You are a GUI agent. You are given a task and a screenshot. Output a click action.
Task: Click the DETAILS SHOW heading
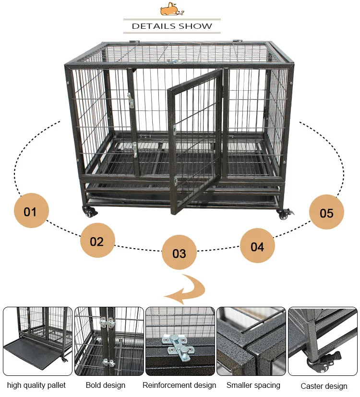(172, 26)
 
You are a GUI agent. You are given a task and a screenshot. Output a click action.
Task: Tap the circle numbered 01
(31, 210)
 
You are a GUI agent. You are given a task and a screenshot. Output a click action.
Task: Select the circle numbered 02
(97, 241)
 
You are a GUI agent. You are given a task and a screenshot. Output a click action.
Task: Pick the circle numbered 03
(179, 252)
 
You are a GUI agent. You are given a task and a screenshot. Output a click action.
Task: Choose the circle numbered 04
(257, 246)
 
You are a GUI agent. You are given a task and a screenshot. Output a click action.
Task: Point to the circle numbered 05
(326, 212)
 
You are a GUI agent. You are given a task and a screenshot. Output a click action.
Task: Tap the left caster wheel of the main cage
(89, 212)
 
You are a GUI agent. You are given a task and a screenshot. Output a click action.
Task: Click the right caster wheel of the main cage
(285, 214)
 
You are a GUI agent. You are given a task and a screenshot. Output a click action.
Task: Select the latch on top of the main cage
(174, 61)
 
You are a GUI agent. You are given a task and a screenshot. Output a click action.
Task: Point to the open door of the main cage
(195, 142)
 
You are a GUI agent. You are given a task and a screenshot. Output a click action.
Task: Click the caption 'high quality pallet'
(36, 385)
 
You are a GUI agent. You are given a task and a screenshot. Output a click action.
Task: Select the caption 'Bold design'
(106, 385)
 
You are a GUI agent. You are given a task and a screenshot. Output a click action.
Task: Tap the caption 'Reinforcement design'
(179, 385)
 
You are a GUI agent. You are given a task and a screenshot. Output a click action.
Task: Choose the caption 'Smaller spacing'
(253, 385)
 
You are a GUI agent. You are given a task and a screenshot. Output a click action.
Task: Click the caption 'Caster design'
(324, 386)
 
